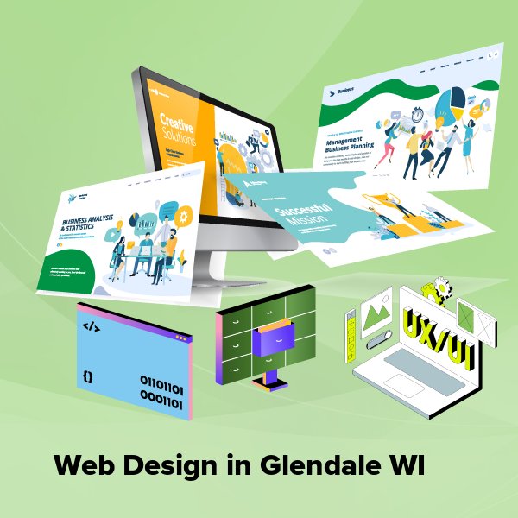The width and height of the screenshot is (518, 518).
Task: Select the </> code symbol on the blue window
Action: pyautogui.click(x=92, y=327)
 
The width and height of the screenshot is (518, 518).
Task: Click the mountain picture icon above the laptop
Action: pyautogui.click(x=377, y=307)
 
